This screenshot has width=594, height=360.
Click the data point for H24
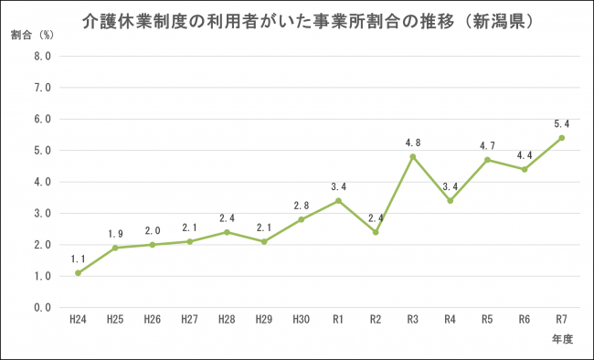coord(78,273)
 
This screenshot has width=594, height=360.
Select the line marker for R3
coord(412,156)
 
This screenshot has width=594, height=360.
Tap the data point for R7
coord(561,138)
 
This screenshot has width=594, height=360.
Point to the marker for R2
coord(376,232)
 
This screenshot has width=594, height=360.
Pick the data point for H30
coord(301,219)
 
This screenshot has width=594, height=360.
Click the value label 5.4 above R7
coord(561,123)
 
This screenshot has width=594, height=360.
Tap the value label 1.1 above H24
coord(78,259)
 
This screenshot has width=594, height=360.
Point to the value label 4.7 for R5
coord(487,145)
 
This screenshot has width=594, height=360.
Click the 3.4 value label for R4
coord(450,185)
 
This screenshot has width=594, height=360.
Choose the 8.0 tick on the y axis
coord(41,57)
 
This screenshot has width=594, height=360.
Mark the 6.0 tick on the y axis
coord(41,120)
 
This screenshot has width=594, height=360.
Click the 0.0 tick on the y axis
coord(41,308)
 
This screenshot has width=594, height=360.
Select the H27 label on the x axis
coord(189,321)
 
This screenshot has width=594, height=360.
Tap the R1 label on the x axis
coord(338,321)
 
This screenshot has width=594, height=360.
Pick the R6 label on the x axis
coord(524,321)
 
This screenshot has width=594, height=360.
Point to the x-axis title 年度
coord(562,339)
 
